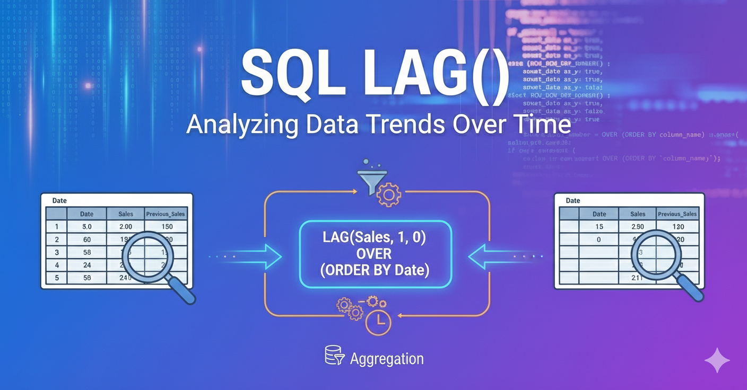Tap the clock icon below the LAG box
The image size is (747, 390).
click(x=378, y=322)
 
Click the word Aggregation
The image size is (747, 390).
click(x=387, y=359)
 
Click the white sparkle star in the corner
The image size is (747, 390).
click(x=717, y=360)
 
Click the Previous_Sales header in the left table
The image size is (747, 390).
click(x=166, y=214)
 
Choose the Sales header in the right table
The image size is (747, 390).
click(x=638, y=214)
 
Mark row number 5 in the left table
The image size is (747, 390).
click(x=57, y=277)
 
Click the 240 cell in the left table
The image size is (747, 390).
click(x=125, y=277)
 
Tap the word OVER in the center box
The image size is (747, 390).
click(x=375, y=254)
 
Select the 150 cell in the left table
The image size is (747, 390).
click(x=167, y=227)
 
